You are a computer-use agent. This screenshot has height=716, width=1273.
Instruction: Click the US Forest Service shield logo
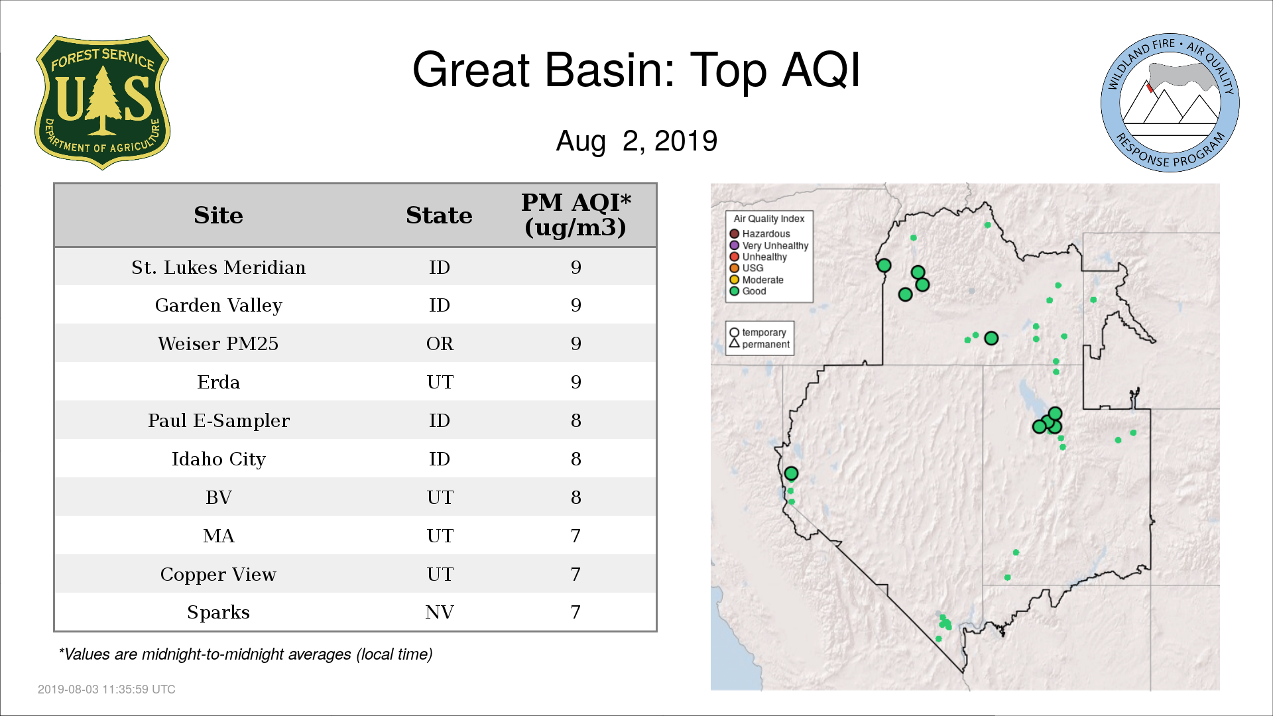click(102, 103)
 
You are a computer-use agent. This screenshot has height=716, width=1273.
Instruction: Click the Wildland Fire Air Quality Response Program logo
click(1170, 103)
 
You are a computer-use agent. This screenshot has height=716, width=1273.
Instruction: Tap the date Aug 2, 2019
click(636, 141)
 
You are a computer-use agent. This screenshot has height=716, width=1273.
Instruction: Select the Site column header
click(218, 215)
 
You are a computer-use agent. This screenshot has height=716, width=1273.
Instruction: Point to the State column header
click(439, 215)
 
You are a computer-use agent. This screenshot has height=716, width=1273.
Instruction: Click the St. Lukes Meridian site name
click(218, 267)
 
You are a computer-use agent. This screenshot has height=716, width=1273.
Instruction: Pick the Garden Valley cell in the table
click(218, 306)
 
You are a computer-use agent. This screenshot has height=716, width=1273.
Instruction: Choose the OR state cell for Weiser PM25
click(440, 343)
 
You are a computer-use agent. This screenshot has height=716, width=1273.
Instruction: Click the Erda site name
click(218, 382)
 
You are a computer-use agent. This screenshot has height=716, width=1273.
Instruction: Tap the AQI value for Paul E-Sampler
click(576, 420)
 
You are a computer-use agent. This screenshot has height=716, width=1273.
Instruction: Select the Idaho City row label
click(218, 459)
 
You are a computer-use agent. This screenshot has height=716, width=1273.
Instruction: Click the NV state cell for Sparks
click(440, 612)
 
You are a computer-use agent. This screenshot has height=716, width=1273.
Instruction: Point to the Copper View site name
click(218, 574)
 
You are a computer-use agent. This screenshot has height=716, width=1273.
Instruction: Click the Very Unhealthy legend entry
click(769, 245)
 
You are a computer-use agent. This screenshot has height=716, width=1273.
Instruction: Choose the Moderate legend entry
click(757, 280)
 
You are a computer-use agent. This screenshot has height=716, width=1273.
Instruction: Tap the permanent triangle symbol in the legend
click(734, 343)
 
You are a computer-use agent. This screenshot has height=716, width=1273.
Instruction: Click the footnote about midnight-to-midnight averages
click(245, 654)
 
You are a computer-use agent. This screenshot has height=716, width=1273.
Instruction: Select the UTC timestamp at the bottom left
click(107, 689)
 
